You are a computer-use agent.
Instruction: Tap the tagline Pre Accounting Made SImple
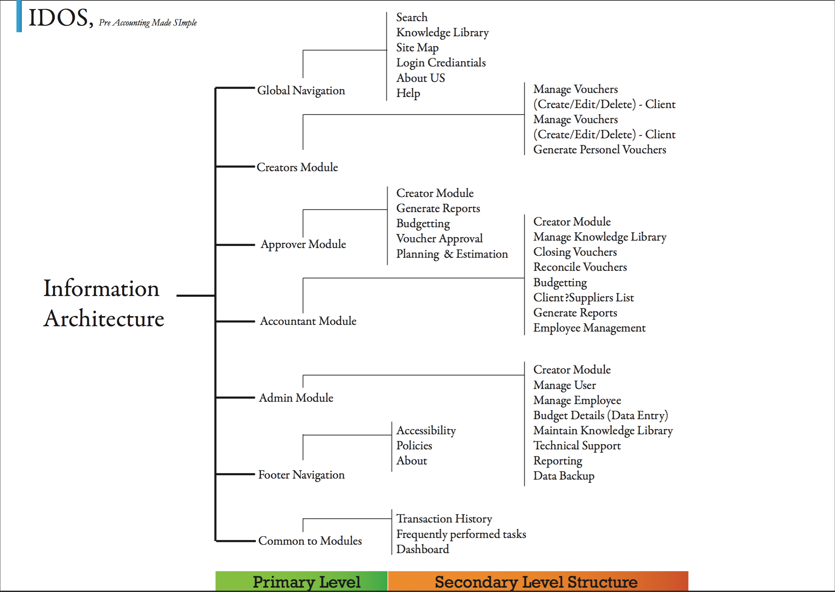[x=148, y=22]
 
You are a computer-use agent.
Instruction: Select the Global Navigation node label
[x=301, y=90]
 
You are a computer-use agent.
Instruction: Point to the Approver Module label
[x=303, y=244]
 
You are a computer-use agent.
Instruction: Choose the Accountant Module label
[x=308, y=321]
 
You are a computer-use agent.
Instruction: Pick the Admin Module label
[x=296, y=398]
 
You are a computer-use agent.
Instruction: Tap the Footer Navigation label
[x=301, y=475]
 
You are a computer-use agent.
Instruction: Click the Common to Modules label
[x=310, y=541]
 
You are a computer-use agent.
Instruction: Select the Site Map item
[x=417, y=48]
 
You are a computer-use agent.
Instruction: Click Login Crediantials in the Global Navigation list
[x=441, y=63]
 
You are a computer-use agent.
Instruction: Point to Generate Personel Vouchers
[x=599, y=149]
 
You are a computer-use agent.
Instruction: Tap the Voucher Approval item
[x=440, y=238]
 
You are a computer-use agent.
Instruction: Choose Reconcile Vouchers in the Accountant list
[x=580, y=267]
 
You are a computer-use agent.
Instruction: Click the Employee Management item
[x=589, y=328]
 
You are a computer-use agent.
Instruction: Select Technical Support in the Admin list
[x=577, y=445]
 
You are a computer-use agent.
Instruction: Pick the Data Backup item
[x=564, y=476]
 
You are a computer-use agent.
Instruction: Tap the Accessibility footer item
[x=426, y=431]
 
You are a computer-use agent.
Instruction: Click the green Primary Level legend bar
[x=301, y=581]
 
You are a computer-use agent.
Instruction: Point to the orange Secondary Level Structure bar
[x=538, y=581]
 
